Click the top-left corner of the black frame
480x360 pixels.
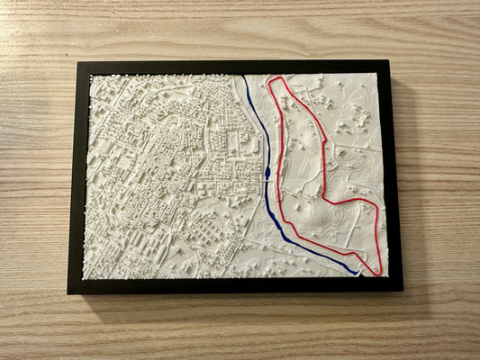point(79,61)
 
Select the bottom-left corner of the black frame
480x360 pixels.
point(68,293)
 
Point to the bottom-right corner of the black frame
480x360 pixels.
point(403,291)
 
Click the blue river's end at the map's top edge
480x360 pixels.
point(244,76)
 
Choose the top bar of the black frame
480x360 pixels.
point(234,67)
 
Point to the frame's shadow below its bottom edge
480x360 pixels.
point(234,300)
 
